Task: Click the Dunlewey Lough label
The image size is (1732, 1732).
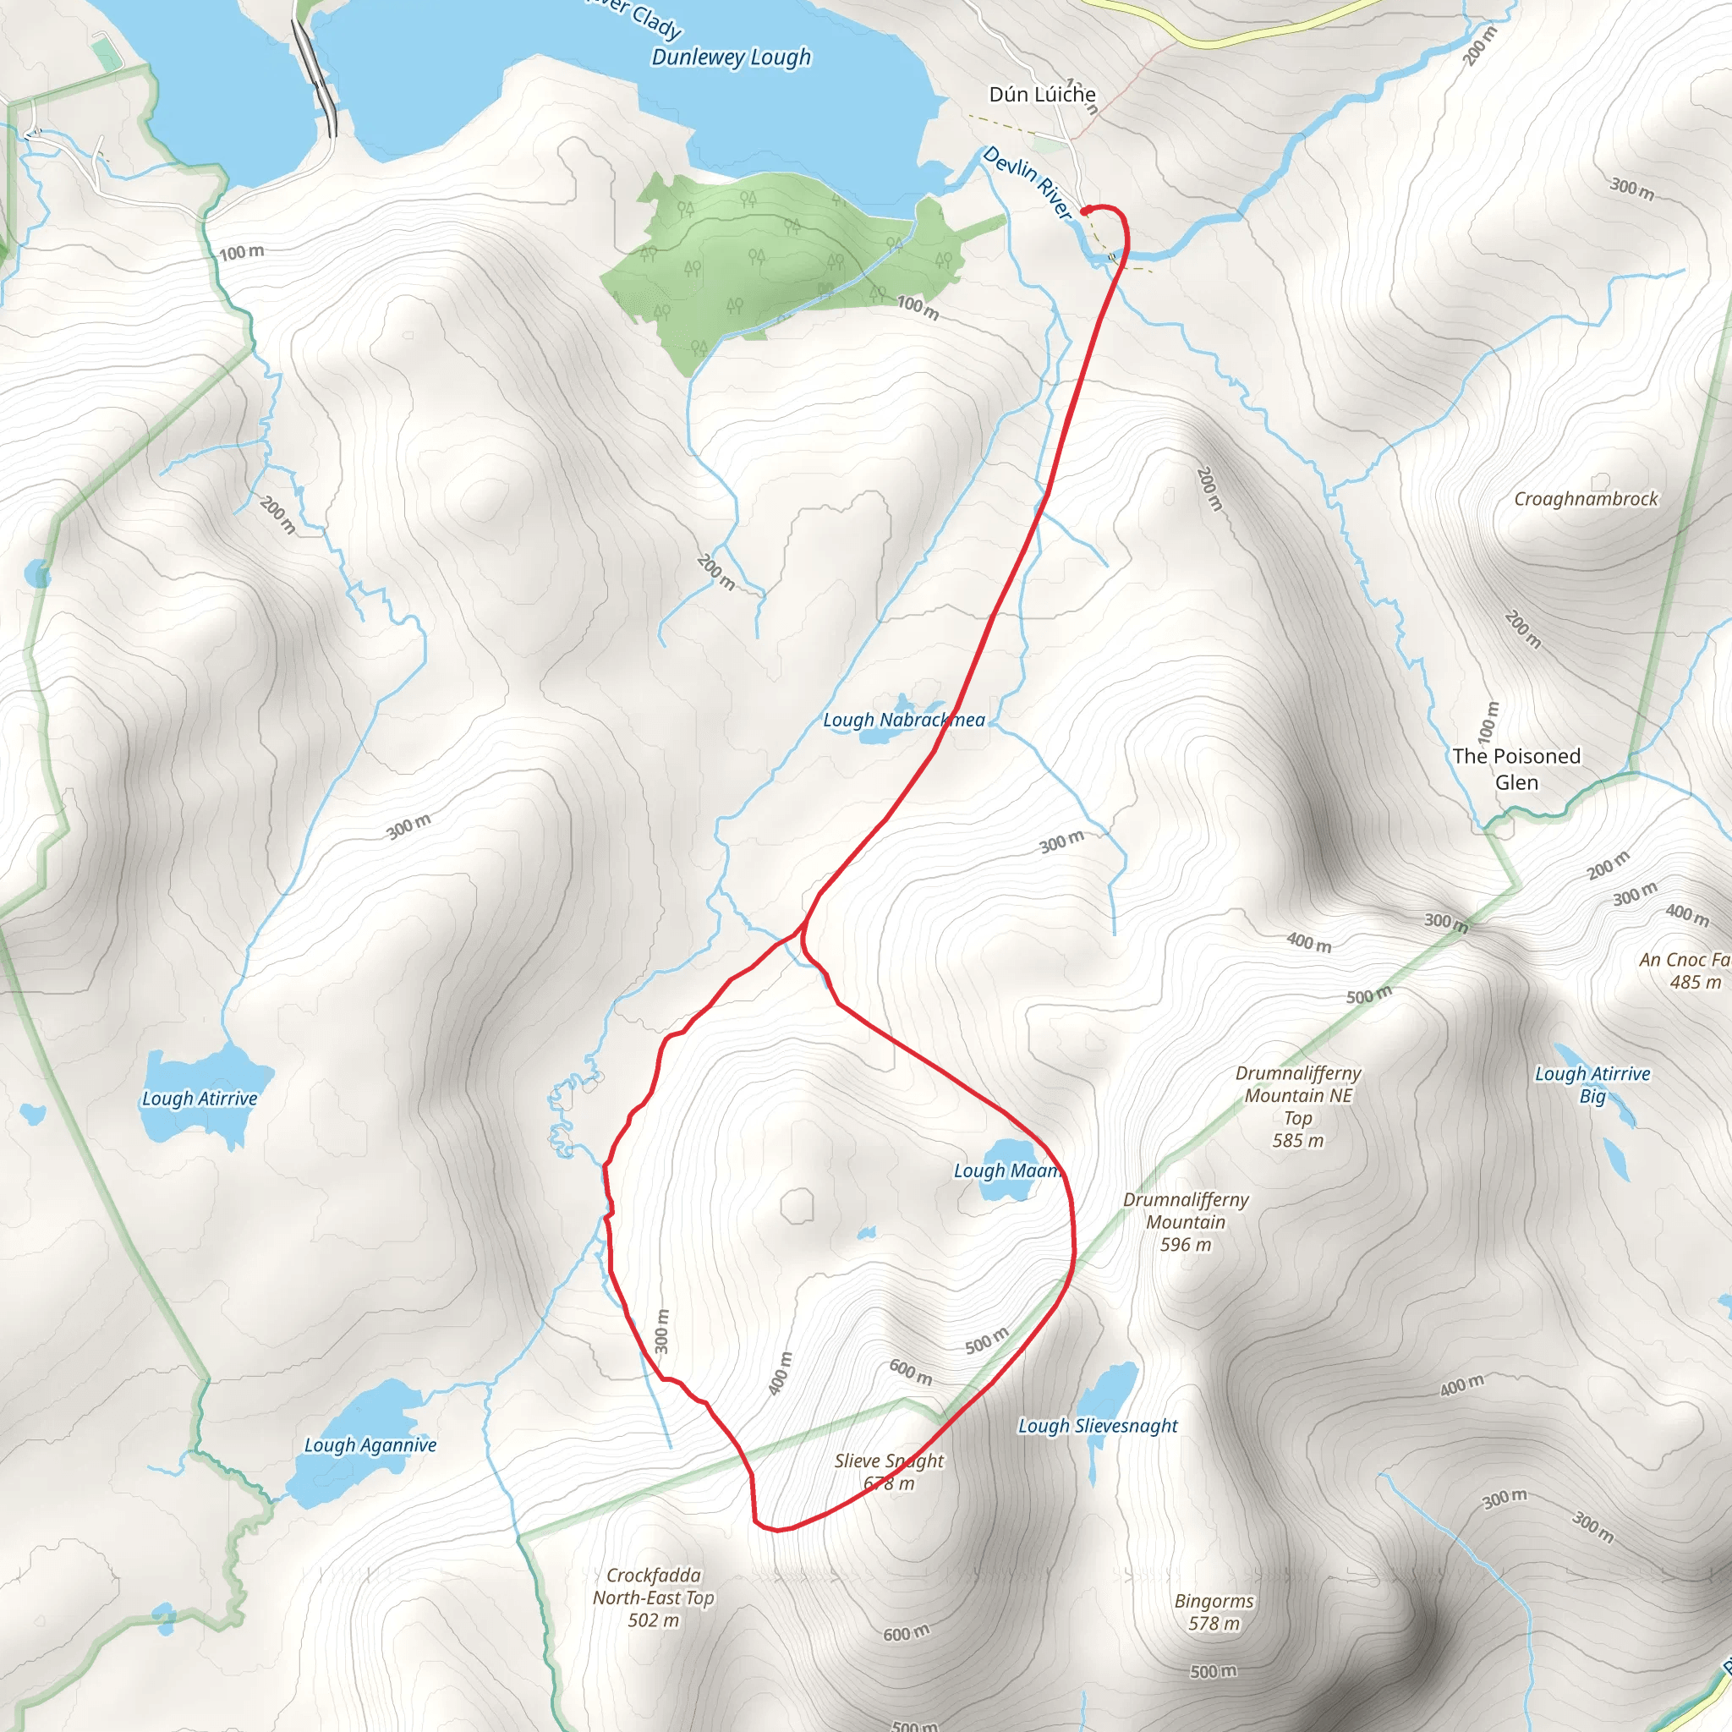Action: pos(731,58)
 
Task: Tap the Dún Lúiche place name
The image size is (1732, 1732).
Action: pos(1042,94)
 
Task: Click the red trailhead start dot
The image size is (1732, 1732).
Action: pos(1086,211)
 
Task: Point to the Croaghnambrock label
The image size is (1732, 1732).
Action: pos(1585,499)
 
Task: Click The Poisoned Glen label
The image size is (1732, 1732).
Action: pos(1516,770)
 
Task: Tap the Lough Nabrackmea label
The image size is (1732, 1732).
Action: pos(904,720)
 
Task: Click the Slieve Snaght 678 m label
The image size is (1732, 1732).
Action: pos(890,1472)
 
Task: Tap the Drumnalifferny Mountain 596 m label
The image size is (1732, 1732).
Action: pos(1185,1222)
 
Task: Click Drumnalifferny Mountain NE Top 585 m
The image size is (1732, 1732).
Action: pos(1297,1106)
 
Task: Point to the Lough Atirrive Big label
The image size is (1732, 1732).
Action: pos(1592,1085)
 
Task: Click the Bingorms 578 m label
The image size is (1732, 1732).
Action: pos(1214,1612)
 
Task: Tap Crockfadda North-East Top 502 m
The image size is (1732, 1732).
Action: pos(654,1598)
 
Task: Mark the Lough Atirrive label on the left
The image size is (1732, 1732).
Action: pos(199,1099)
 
